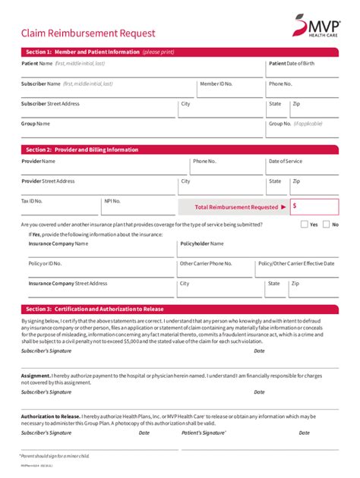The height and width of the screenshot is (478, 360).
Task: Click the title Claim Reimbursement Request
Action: click(x=88, y=33)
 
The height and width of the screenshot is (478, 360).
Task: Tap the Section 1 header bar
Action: click(x=180, y=52)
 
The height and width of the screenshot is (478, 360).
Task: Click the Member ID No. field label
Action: click(x=216, y=83)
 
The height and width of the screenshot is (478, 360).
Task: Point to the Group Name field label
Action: click(x=36, y=123)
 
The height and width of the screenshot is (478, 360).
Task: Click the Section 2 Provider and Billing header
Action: click(x=180, y=149)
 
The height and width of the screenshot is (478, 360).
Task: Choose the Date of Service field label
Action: click(x=286, y=162)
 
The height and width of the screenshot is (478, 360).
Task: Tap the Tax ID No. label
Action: click(x=32, y=201)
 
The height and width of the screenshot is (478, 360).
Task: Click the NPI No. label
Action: click(x=112, y=201)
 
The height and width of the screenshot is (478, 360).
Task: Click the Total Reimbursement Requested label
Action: click(x=236, y=206)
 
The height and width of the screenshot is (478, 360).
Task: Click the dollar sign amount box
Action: click(x=314, y=206)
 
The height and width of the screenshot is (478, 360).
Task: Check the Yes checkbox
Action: click(x=305, y=225)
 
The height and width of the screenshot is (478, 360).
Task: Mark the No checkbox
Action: click(x=326, y=225)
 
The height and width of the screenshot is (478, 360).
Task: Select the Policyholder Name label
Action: click(x=202, y=244)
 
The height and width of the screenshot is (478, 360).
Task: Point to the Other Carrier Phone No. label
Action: click(x=206, y=263)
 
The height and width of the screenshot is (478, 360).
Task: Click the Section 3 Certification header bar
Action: click(x=180, y=309)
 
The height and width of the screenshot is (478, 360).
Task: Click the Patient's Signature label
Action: click(x=204, y=432)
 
